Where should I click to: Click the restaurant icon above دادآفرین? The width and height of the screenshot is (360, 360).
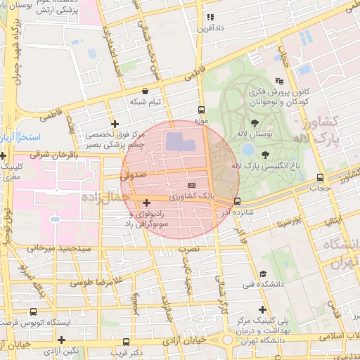(210, 17)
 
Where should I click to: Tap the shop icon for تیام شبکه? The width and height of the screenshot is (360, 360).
(145, 91)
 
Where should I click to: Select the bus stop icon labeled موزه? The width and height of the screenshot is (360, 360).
(202, 110)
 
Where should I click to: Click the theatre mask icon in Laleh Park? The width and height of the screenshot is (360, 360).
(279, 81)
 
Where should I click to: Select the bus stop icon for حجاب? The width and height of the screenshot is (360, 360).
(321, 178)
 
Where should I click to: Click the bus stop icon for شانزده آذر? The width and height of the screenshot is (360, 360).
(237, 202)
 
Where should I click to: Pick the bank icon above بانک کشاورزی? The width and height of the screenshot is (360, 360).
(181, 184)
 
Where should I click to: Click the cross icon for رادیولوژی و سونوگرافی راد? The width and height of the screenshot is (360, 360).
(146, 203)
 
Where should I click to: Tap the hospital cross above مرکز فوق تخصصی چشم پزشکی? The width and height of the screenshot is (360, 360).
(115, 124)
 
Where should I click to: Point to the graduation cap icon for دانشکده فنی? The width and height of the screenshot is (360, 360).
(263, 274)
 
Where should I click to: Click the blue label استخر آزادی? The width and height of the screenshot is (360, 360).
(20, 135)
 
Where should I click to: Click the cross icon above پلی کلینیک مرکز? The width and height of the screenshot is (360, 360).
(262, 309)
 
